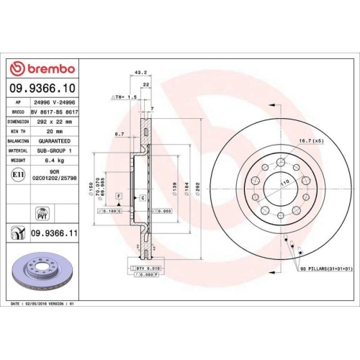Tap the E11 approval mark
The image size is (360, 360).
pyautogui.click(x=16, y=174)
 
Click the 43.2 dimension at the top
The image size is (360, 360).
pyautogui.click(x=141, y=72)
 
